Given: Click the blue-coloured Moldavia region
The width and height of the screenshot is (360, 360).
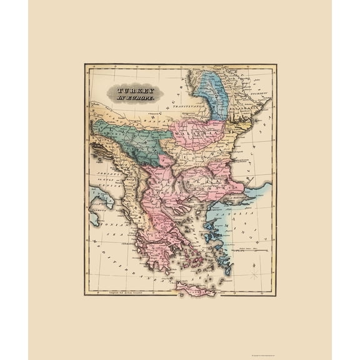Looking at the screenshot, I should point(216,94).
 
